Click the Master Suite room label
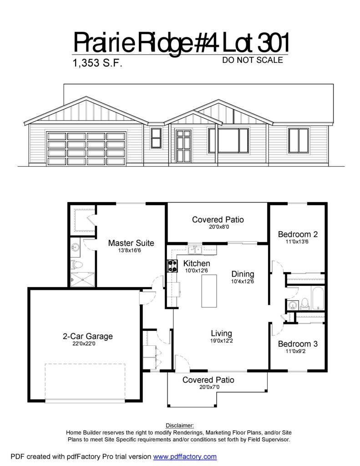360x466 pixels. pos(131,243)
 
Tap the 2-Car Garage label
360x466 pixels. pos(88,336)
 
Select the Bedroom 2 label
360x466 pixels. pos(298,234)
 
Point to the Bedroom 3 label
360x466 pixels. pos(298,344)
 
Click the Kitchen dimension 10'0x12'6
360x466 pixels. pos(197,271)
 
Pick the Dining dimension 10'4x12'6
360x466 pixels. pos(243,281)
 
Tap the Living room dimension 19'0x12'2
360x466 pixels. pos(222,341)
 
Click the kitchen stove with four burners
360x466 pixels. pos(172,266)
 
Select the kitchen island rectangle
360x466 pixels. pos(209,291)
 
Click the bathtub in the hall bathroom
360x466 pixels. pos(318,298)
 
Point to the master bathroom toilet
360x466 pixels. pos(77,264)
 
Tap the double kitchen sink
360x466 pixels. pos(195,250)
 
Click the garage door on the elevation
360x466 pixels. pos(86,148)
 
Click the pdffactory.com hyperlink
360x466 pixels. pos(185,456)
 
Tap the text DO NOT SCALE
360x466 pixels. pos(253,60)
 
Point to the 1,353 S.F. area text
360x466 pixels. pos(97,63)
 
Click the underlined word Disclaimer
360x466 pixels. pos(180,425)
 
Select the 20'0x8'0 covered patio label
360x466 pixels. pos(218,227)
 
